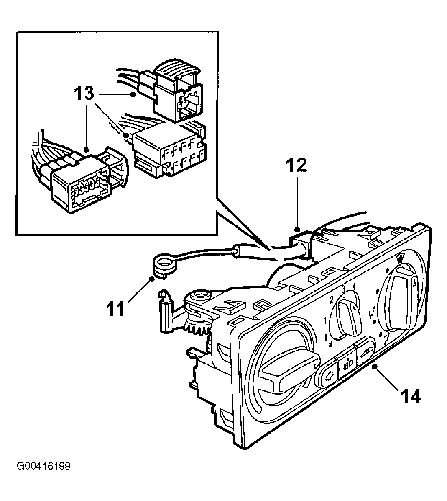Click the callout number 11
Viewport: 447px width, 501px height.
(x=115, y=309)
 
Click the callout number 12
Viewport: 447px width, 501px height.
(x=296, y=165)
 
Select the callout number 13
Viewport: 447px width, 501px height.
(x=84, y=93)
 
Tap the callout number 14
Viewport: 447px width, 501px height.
(x=411, y=397)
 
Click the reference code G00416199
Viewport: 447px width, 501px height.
(x=44, y=466)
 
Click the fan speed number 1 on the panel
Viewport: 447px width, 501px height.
(x=325, y=320)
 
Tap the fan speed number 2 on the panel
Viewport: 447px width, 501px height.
(x=332, y=300)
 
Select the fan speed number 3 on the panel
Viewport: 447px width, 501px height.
(x=343, y=289)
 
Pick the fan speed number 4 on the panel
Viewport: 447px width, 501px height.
(x=353, y=285)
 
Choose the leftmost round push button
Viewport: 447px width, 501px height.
(x=326, y=374)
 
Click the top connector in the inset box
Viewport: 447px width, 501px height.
(x=177, y=91)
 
